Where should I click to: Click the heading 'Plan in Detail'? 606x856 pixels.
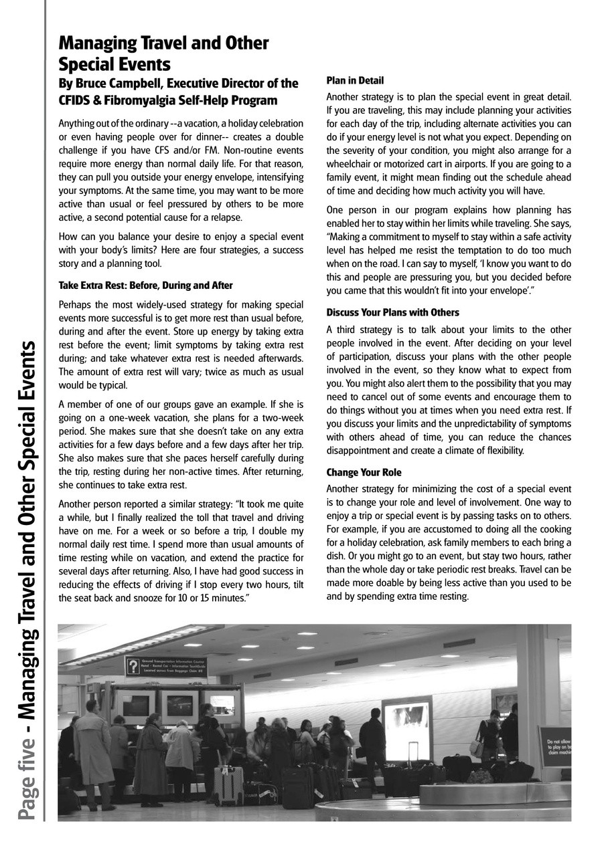pyautogui.click(x=355, y=81)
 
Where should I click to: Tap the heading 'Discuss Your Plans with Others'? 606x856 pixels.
pyautogui.click(x=392, y=312)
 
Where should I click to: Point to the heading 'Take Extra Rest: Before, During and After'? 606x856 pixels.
pyautogui.click(x=145, y=286)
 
